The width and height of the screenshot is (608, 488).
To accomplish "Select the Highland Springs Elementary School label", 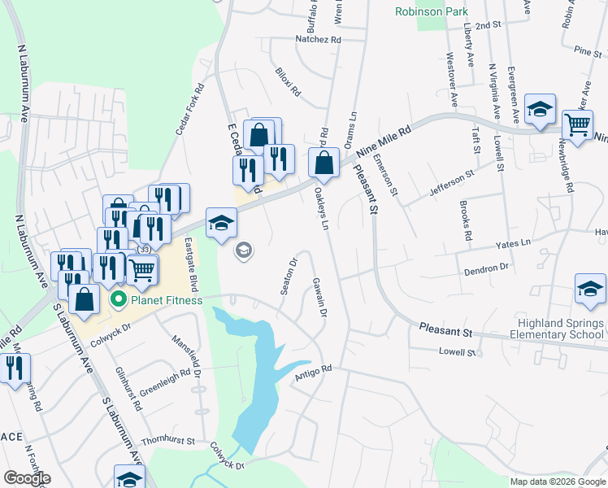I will [x=557, y=329].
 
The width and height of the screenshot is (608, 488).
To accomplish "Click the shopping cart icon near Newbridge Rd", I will [x=577, y=125].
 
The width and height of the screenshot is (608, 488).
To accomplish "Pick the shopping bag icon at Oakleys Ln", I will [x=324, y=162].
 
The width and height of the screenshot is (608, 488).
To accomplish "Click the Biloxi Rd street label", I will [x=288, y=82].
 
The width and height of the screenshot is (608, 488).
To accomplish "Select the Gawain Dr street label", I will [x=319, y=297].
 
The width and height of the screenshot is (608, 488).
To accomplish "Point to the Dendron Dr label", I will [x=486, y=266].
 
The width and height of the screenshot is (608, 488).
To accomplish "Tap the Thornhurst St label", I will [x=168, y=441].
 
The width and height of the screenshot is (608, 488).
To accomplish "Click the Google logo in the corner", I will [x=26, y=478].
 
